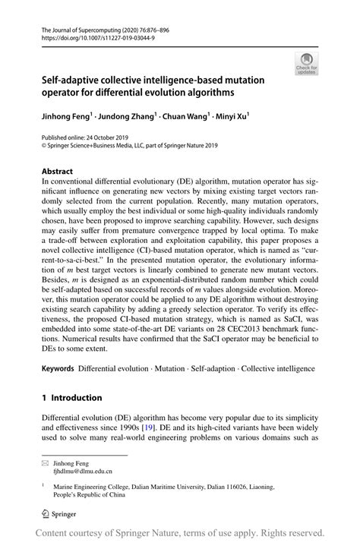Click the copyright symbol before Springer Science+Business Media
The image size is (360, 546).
tap(44, 147)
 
